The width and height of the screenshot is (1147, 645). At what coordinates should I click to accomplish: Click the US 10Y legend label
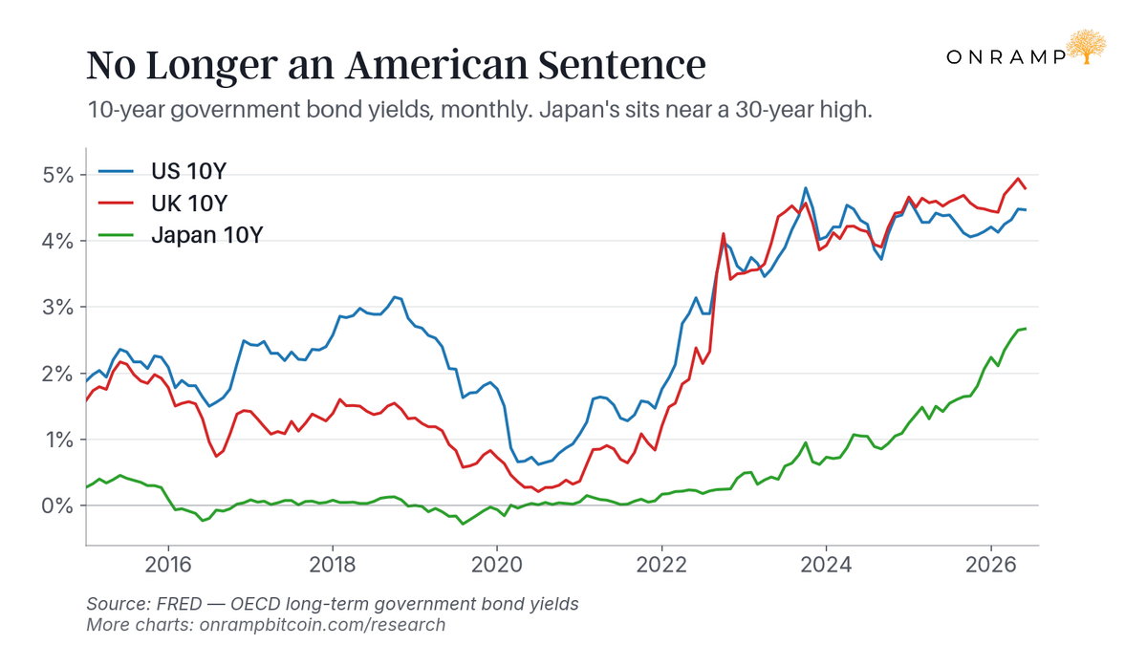[188, 171]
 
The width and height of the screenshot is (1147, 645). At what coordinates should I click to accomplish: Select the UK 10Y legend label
[189, 204]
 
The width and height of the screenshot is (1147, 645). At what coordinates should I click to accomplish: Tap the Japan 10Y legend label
[206, 235]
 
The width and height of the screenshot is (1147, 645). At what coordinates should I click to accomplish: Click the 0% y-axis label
[57, 505]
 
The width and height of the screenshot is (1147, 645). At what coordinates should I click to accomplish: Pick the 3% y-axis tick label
[57, 307]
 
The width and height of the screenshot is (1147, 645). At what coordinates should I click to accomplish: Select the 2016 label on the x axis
[168, 565]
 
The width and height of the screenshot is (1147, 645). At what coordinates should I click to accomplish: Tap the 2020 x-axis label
[497, 565]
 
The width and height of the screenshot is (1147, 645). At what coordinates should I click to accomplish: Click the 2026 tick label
[991, 565]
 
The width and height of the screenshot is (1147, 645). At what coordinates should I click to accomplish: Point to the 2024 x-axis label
[826, 565]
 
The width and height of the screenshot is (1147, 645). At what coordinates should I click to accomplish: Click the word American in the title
[437, 65]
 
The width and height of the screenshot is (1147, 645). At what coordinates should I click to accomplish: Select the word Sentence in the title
[622, 65]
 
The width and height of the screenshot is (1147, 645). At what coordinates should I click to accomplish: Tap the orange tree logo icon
[1086, 47]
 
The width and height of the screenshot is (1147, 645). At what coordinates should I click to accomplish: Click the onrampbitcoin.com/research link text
[322, 625]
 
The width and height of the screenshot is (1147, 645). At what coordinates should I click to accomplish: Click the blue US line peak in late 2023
[806, 188]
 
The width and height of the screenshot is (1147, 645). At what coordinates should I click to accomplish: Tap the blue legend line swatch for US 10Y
[116, 171]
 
